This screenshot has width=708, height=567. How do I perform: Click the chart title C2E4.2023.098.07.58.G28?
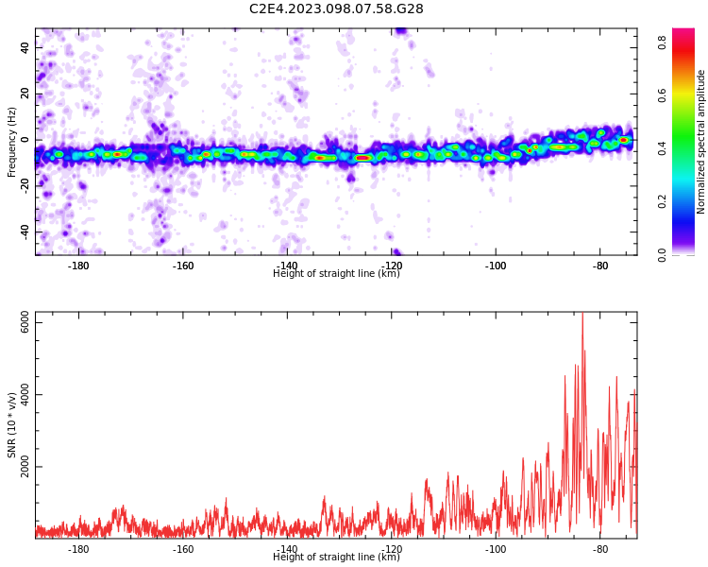coord(336,9)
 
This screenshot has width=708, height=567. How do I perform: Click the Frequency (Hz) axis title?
coord(11,142)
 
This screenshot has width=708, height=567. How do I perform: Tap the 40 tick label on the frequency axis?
coord(25,47)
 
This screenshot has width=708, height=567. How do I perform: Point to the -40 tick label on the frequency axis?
coord(25,232)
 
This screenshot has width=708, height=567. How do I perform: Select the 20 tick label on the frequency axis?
coord(25,94)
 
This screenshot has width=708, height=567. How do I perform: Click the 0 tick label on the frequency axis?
coord(25,140)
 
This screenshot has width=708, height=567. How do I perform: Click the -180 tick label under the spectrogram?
coord(78,266)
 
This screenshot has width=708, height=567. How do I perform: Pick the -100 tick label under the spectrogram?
coord(496,266)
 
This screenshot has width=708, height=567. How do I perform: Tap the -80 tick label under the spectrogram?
coord(599,266)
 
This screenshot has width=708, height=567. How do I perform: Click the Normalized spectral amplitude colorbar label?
coord(700,142)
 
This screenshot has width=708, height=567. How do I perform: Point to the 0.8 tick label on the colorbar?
coord(662,43)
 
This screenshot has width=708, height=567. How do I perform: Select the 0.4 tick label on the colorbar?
coord(662,148)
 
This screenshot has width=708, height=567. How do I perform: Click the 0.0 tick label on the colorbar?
coord(662,254)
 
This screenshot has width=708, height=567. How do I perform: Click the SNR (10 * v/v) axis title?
coord(12,425)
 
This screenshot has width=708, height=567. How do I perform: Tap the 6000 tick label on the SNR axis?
coord(25,321)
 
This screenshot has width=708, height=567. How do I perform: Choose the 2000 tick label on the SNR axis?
coord(25,466)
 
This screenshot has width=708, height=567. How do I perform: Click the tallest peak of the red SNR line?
coord(582,314)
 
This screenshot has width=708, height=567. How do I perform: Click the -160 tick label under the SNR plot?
coord(182,549)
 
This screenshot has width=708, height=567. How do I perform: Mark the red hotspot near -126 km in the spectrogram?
coord(363,158)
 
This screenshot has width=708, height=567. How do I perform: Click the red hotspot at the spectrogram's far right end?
coord(624,140)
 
